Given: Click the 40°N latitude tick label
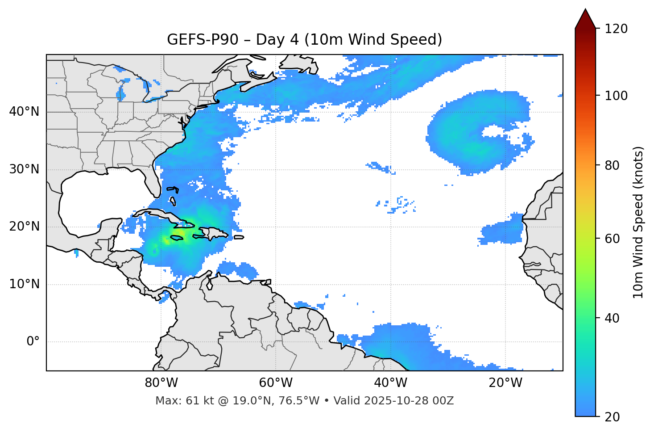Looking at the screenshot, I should click(24, 112).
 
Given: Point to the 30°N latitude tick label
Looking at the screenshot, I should click(24, 169).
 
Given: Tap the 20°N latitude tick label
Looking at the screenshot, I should click(24, 227).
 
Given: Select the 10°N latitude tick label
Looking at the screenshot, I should click(24, 284).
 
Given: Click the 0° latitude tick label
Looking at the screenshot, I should click(33, 342).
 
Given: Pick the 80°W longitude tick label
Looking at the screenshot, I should click(161, 383).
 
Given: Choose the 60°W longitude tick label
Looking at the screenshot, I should click(276, 383).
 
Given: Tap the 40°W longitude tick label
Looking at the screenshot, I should click(390, 383).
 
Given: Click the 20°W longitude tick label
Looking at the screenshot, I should click(505, 383).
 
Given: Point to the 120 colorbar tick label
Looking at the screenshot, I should click(617, 29).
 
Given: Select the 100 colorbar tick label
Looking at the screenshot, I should click(617, 96).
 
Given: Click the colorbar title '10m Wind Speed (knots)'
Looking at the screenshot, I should click(638, 223).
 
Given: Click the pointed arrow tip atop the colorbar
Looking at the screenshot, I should click(585, 10).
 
